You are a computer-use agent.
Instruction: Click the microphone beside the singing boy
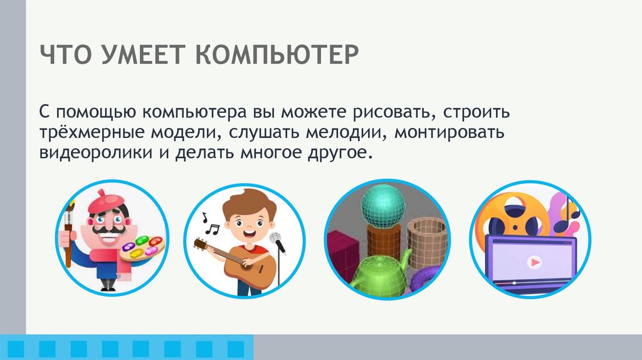276,241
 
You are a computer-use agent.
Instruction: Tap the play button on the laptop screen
532,263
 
